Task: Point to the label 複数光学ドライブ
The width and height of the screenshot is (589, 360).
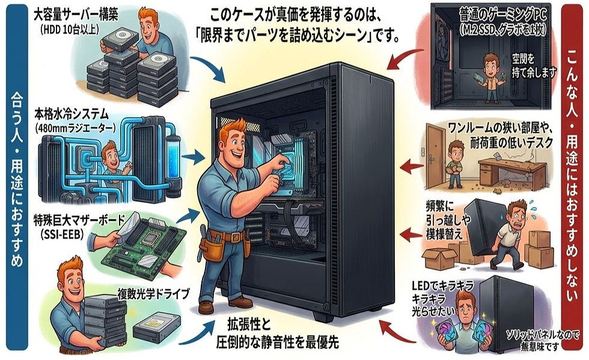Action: click(153, 294)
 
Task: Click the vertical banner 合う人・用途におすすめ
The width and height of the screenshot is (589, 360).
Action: click(16, 180)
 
